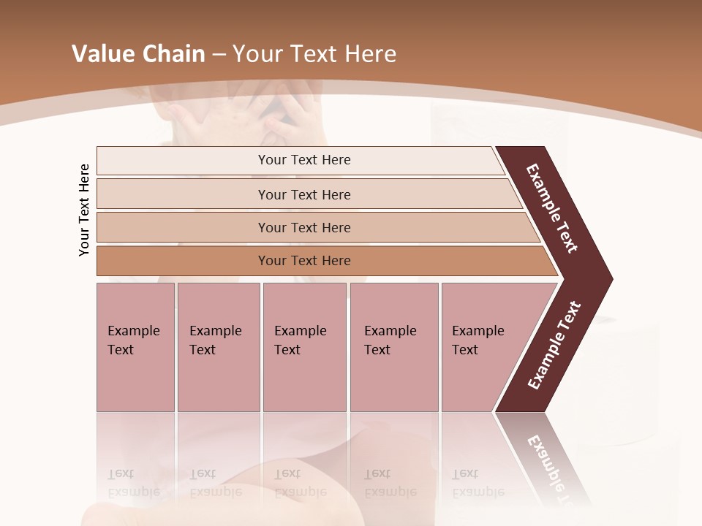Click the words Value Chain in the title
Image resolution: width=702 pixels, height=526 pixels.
[138, 54]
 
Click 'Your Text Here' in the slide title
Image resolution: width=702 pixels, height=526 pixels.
[314, 54]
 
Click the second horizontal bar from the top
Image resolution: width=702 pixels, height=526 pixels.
[303, 194]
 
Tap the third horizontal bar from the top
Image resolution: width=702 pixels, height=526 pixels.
[303, 227]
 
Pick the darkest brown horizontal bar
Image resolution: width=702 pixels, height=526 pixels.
[303, 261]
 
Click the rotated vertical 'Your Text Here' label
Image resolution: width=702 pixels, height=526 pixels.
[84, 210]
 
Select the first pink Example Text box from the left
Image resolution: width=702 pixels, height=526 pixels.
[135, 347]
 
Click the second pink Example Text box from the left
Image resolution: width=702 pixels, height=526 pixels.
[218, 347]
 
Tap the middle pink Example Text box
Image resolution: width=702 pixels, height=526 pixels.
[304, 347]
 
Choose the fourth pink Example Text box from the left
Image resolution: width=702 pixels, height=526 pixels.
[393, 347]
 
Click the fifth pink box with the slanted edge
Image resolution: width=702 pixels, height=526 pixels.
[483, 347]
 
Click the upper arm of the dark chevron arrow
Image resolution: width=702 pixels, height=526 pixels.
[553, 209]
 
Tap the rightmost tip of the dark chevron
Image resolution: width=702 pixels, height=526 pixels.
[608, 278]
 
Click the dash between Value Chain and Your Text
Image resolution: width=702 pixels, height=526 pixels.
[219, 55]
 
